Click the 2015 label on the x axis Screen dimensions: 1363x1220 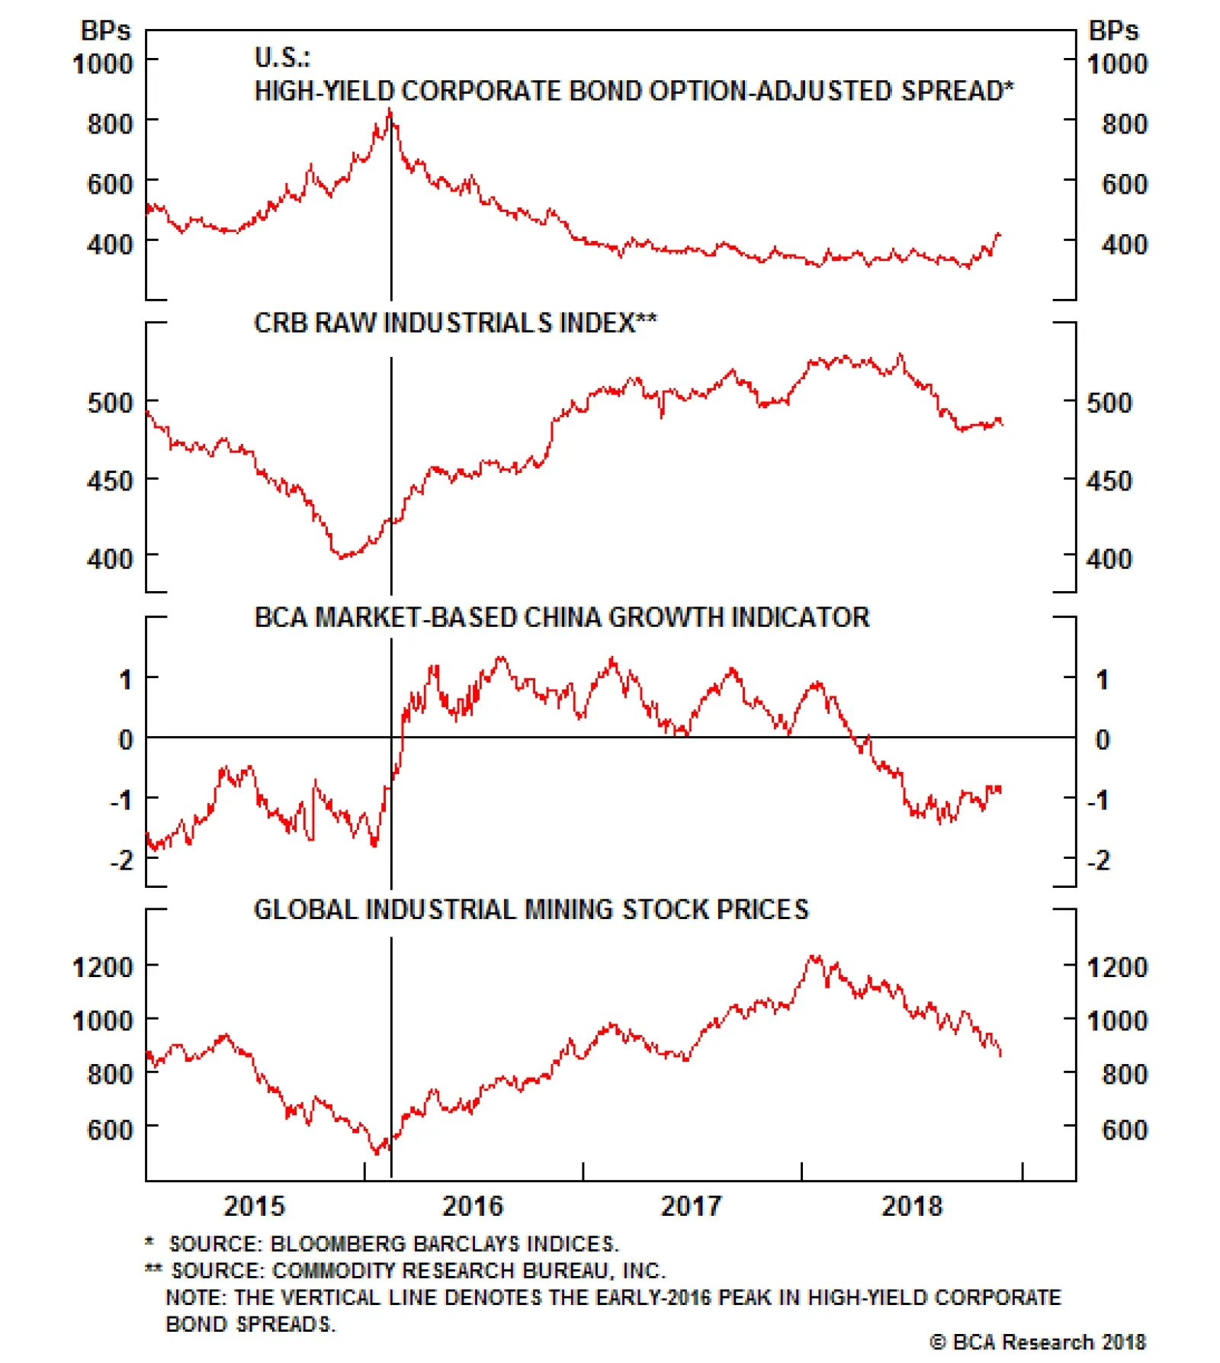pyautogui.click(x=254, y=1205)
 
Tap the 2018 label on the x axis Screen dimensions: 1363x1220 pyautogui.click(x=911, y=1205)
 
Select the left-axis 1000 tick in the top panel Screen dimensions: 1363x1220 pyautogui.click(x=102, y=63)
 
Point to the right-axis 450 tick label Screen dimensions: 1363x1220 pyautogui.click(x=1109, y=481)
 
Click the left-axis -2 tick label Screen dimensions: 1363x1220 pyautogui.click(x=122, y=860)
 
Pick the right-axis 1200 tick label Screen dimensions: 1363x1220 pyautogui.click(x=1117, y=967)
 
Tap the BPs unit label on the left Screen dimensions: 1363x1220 pyautogui.click(x=105, y=31)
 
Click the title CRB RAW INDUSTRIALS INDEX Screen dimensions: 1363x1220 pyautogui.click(x=454, y=323)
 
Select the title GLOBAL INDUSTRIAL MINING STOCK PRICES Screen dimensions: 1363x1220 pyautogui.click(x=531, y=909)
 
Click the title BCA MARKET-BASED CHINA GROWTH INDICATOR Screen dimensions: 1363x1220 pyautogui.click(x=561, y=617)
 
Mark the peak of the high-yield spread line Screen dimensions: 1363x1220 pyautogui.click(x=390, y=111)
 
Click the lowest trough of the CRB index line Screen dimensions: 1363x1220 pyautogui.click(x=341, y=556)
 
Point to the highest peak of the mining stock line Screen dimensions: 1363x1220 pyautogui.click(x=814, y=956)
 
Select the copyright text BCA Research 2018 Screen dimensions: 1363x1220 pyautogui.click(x=1038, y=1342)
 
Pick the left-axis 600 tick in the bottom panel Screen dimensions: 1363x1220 pyautogui.click(x=110, y=1129)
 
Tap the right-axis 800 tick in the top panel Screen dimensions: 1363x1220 pyautogui.click(x=1125, y=124)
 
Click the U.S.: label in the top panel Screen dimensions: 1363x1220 pyautogui.click(x=282, y=57)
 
